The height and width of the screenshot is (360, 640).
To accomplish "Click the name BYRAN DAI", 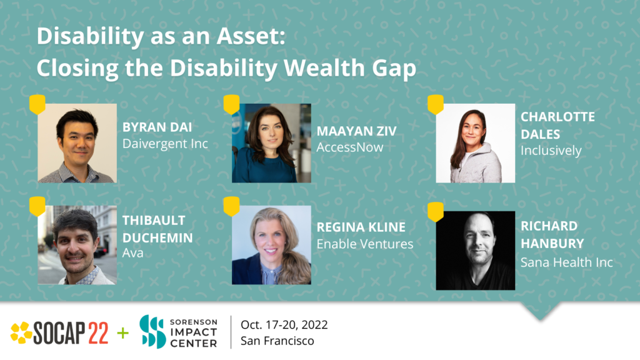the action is [157, 127].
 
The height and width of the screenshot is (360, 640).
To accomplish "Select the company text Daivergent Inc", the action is [165, 144].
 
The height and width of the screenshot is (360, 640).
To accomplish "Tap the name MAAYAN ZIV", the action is [356, 131].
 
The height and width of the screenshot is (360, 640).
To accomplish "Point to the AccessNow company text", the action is [350, 147].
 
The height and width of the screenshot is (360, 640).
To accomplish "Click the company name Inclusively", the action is [551, 151].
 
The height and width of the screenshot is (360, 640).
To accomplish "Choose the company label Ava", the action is [132, 253].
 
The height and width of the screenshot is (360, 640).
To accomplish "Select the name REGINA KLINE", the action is [361, 227].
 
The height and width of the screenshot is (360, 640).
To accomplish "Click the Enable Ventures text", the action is [365, 244].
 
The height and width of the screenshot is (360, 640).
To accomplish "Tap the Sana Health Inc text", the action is [566, 262].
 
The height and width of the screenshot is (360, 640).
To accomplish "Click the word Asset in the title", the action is [251, 36].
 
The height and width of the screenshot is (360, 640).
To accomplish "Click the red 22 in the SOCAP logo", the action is [98, 333].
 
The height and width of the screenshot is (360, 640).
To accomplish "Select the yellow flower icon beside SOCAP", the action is [21, 332].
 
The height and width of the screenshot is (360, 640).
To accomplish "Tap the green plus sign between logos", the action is [123, 333].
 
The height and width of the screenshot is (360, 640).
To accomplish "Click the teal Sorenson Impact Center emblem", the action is [152, 332].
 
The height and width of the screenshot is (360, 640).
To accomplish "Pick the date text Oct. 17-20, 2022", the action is [284, 325].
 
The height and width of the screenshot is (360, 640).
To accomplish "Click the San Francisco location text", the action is [277, 341].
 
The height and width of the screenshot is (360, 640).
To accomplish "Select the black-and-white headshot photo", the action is [475, 251].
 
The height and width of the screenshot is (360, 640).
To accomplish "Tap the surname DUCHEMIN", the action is [157, 238].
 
